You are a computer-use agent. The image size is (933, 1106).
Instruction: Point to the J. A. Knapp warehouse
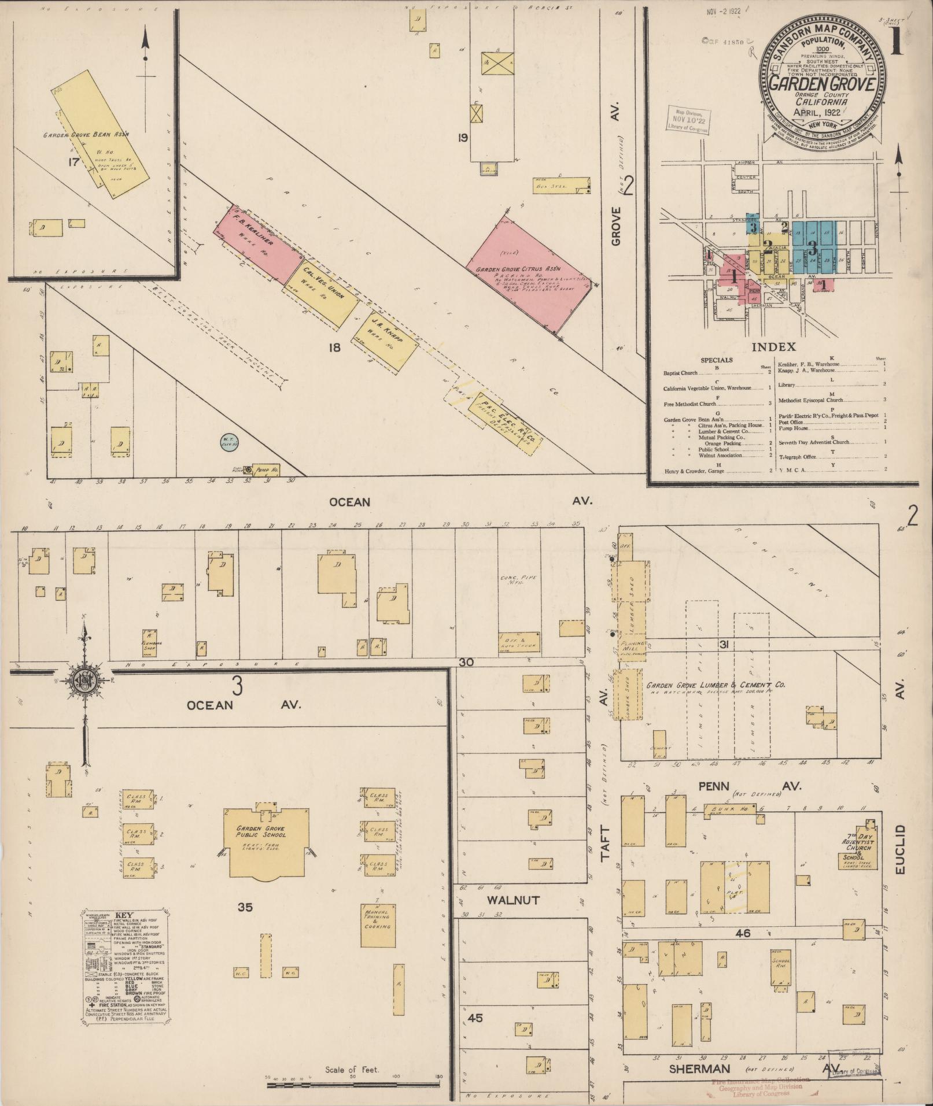coord(379,338)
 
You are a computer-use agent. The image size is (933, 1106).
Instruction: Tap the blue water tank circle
coord(229,443)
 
